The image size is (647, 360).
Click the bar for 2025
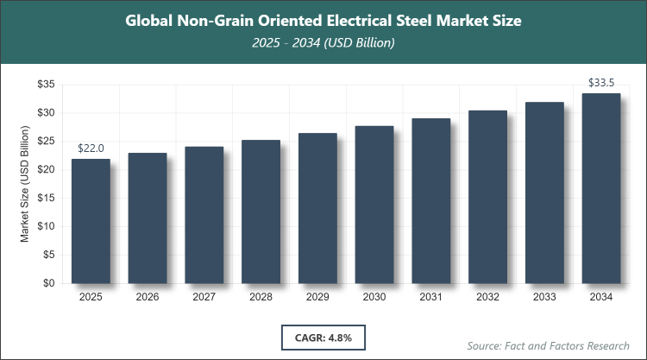coord(91,221)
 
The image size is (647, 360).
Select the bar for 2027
coord(204,215)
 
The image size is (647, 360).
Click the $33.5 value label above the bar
coord(601,83)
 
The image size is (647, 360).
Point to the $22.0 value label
coord(91,148)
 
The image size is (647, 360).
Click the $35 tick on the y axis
coord(46,85)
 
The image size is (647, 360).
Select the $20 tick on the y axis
coord(46,169)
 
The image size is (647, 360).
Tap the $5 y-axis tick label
coord(48,255)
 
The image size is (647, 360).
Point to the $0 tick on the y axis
coord(48,283)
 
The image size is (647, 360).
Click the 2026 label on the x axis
coord(148,297)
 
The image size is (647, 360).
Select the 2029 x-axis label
coord(317,297)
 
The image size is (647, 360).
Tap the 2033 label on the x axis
coord(544,297)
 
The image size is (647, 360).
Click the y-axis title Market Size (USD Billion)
coord(26,184)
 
